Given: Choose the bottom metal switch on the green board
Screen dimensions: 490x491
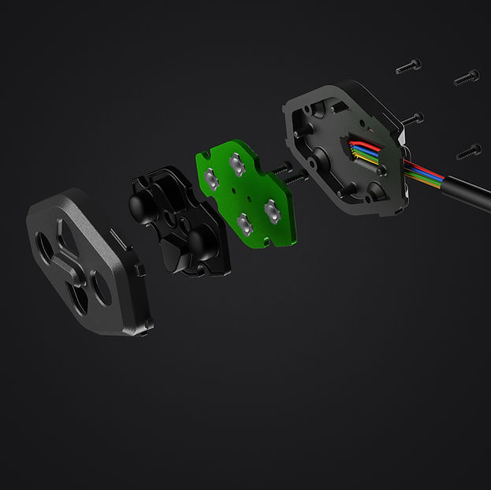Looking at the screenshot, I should [244, 223].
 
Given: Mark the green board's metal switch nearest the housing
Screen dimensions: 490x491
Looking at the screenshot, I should [271, 209].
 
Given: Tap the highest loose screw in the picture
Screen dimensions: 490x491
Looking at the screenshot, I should [407, 66].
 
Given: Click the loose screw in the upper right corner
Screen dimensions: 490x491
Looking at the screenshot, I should [467, 77].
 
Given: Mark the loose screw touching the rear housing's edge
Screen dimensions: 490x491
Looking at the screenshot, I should [412, 118].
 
